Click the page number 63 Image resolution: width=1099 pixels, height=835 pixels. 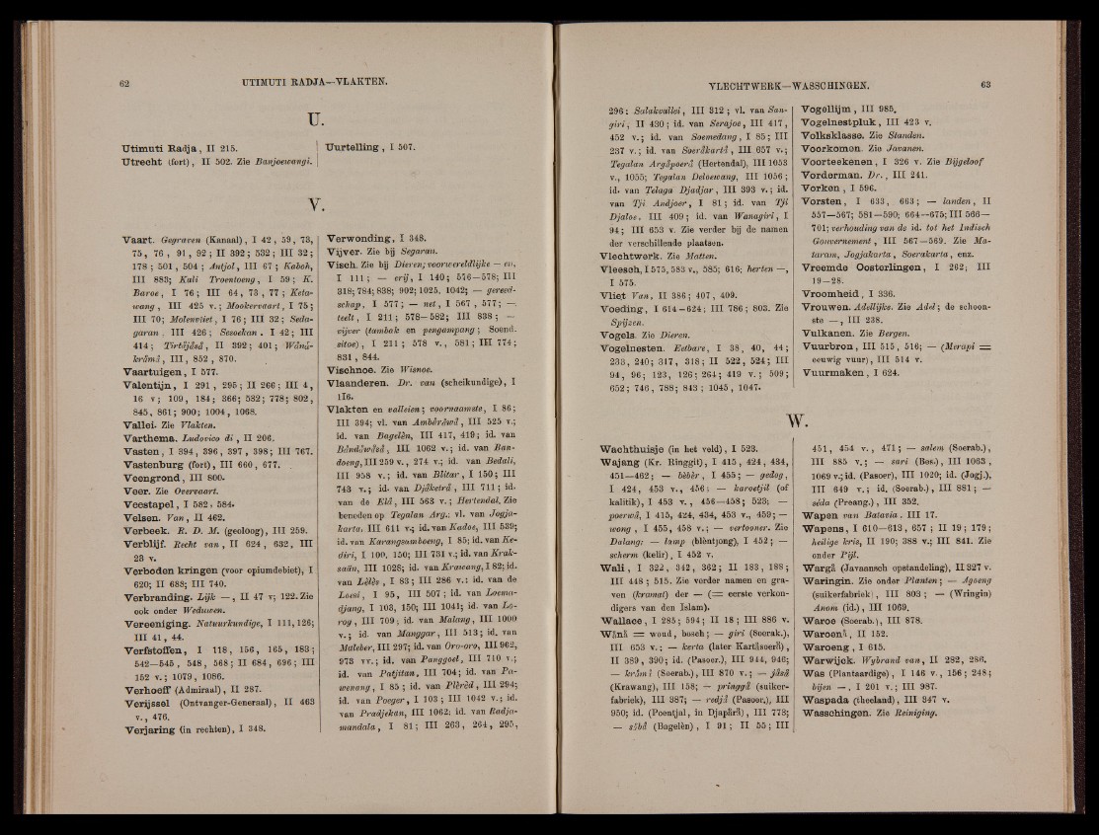click(1011, 85)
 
